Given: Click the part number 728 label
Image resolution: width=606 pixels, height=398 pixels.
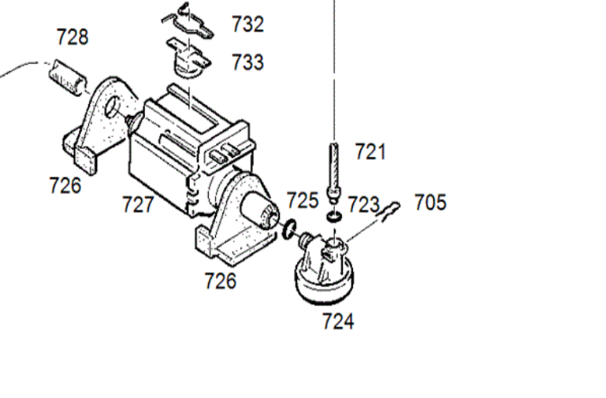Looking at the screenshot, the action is pos(72,37).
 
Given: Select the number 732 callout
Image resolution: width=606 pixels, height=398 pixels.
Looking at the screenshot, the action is pos(247,24).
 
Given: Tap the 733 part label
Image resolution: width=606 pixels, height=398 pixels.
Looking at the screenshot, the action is pos(247,61).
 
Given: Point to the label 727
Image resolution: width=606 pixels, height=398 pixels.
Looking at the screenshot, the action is pos(139,204).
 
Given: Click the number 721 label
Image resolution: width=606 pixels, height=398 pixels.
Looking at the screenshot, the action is pos(370,151).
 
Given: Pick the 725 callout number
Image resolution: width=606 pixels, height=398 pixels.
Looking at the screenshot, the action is pos(303,200).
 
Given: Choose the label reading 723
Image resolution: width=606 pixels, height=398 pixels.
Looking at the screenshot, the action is pos(364,204).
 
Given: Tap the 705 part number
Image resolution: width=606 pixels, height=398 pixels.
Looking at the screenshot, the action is pos(430,203).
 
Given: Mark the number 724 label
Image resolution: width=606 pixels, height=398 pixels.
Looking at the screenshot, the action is pos(338,321).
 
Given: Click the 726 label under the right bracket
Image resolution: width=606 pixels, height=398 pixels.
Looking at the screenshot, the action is pos(221,281).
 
